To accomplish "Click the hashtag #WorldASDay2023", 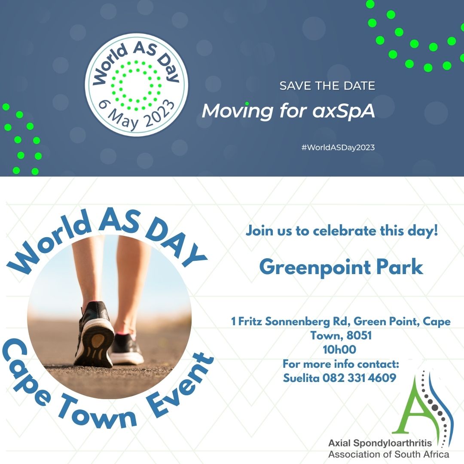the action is pos(338,147).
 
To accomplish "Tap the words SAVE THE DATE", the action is pos(327,86).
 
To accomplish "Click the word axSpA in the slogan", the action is pos(344,111).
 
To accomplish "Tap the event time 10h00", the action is pos(339,349).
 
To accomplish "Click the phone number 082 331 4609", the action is pos(359,378).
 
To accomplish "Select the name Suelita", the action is pos(301,378).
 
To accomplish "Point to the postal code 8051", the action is pos(359,336).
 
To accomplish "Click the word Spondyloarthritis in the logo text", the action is pos(393,443).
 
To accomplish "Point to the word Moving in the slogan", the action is pos(237,111).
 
